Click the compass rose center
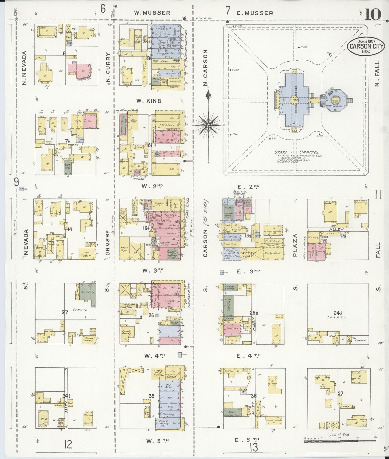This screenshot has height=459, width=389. coord(209,125)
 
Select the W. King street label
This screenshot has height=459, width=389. coord(149,101)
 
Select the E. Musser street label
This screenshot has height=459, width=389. coord(255,13)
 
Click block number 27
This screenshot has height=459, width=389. coord(65,312)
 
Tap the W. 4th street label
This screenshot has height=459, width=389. coord(154,356)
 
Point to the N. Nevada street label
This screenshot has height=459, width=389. coord(24,68)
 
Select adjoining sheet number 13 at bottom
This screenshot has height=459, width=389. coord(254,447)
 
